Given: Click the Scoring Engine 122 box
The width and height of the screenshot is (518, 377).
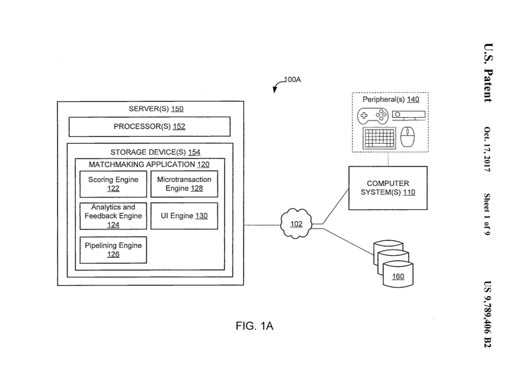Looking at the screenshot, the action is point(113,184).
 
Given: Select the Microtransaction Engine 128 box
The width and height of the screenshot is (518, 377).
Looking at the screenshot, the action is point(185,184).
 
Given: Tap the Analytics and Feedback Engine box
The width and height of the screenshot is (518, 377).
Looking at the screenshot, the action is point(113,216).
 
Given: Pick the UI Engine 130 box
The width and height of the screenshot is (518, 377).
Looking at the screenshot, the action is point(185,216).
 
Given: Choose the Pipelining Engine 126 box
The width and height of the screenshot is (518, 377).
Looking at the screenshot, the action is point(113,250).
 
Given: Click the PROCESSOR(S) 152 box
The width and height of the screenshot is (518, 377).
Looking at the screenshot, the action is point(150,126).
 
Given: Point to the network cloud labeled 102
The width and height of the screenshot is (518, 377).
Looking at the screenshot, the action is point(296,223).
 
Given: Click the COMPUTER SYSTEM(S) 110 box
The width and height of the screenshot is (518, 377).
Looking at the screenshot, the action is point(388,188).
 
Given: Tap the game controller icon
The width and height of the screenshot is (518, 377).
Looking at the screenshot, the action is point(373,116).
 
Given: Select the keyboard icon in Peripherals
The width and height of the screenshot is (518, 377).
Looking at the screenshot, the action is point(379,138).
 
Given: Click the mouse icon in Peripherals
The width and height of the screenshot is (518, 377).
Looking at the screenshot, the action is point(408,137).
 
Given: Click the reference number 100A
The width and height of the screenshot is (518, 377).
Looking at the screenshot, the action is point(293,80).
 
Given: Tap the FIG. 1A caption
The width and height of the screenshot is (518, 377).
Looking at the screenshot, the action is point(254,326).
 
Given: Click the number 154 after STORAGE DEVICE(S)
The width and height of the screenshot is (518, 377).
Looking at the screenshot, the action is point(194,152).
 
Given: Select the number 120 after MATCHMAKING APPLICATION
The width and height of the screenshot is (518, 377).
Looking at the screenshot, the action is point(203,165).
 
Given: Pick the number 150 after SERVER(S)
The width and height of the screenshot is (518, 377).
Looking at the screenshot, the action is point(177,109).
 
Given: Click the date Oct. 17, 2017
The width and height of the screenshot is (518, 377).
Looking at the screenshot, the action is point(488,149).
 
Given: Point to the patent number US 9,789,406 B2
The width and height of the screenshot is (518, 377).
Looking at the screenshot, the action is point(488,314).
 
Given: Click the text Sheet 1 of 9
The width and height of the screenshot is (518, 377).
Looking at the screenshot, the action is point(488,214).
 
